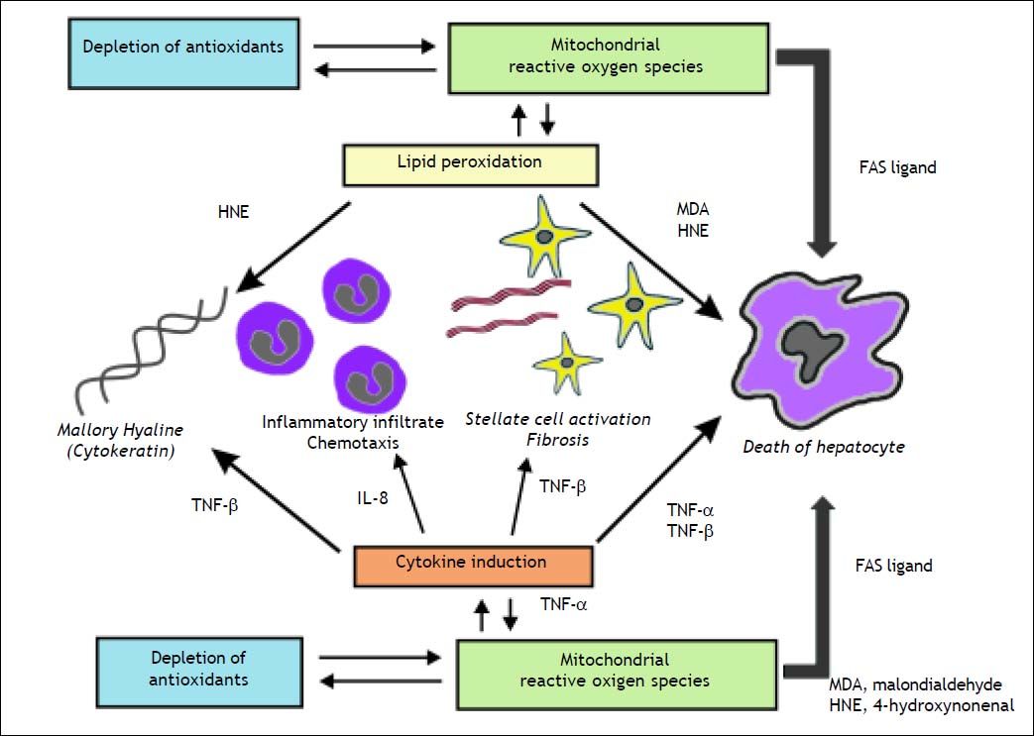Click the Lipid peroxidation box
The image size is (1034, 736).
coord(471,161)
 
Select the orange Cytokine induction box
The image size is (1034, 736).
coord(473,563)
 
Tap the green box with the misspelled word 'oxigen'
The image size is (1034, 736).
coord(615,670)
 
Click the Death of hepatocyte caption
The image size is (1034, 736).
coord(824,447)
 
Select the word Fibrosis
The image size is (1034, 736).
coord(558,439)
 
